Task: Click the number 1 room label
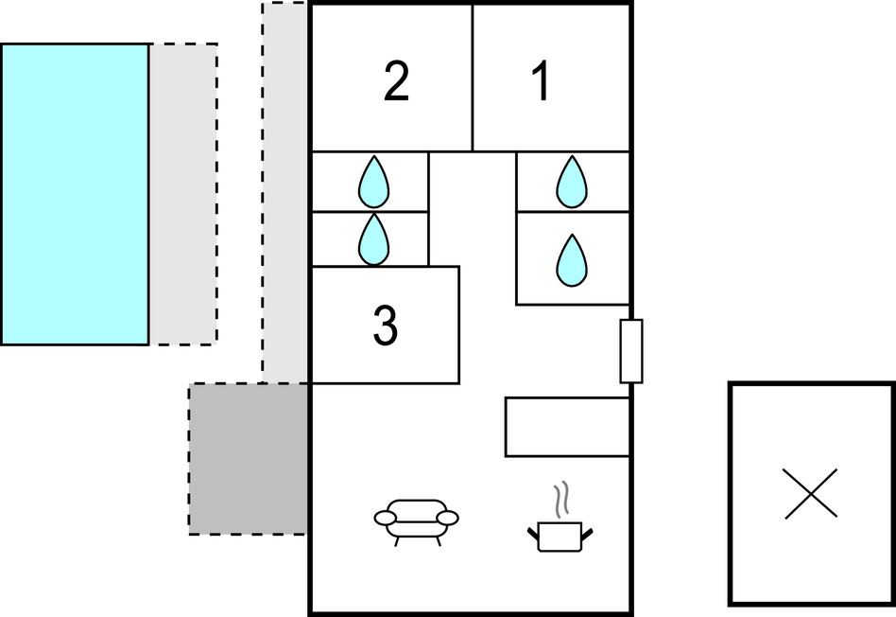541,83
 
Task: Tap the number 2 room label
397,83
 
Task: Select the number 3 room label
385,326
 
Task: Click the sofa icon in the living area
416,520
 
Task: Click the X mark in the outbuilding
811,493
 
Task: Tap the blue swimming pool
75,194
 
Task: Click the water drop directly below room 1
571,182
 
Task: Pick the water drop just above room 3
374,239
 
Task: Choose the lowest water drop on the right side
571,258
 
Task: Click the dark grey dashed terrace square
249,459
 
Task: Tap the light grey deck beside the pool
182,194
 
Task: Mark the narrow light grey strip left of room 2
285,189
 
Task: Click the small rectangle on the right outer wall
631,351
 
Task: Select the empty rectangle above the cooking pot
567,427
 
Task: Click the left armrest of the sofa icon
386,518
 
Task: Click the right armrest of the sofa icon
447,518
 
